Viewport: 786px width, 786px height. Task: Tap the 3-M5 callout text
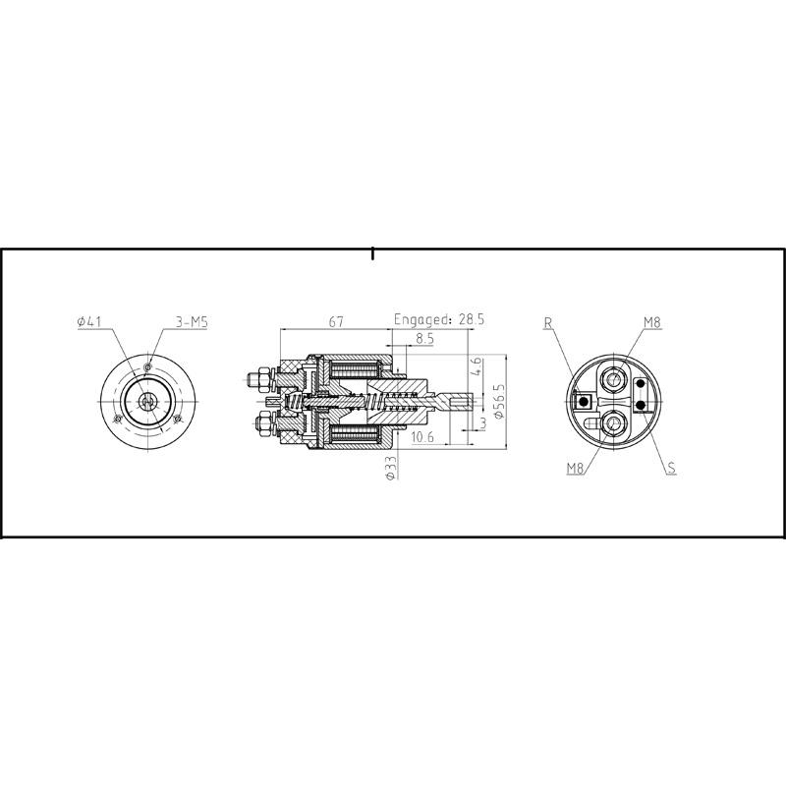click(x=191, y=321)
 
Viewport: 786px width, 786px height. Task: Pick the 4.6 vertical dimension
click(x=477, y=370)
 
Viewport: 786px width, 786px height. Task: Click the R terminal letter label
click(x=547, y=321)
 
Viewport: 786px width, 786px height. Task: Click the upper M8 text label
click(x=652, y=321)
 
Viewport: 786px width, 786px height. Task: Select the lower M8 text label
click(x=577, y=469)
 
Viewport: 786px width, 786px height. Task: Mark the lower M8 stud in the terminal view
click(x=615, y=423)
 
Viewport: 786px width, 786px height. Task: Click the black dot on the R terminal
click(x=585, y=401)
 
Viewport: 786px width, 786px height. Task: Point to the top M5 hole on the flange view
click(x=147, y=366)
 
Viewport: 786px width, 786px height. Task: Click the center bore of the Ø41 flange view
click(x=147, y=401)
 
